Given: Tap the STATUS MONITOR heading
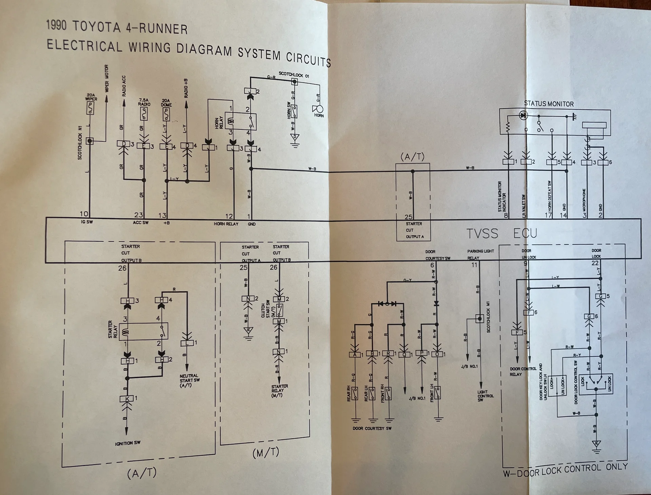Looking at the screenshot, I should pos(549,104).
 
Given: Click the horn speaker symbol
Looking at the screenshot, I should pos(318,109).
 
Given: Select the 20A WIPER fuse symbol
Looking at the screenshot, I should pos(90,108).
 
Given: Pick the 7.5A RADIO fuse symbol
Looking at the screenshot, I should pos(144,114).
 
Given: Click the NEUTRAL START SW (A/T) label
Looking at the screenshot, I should pos(189,380).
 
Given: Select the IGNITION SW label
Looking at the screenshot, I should pos(127,443).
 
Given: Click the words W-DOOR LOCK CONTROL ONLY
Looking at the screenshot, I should pos(565,470).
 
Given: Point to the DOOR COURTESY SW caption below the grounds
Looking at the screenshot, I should pos(372,428).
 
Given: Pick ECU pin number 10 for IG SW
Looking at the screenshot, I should pos(84,214).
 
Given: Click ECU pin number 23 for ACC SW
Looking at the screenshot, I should pos(139,215).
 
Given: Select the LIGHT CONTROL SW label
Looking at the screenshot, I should pos(485,396).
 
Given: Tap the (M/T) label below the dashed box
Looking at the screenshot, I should pos(266,452).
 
